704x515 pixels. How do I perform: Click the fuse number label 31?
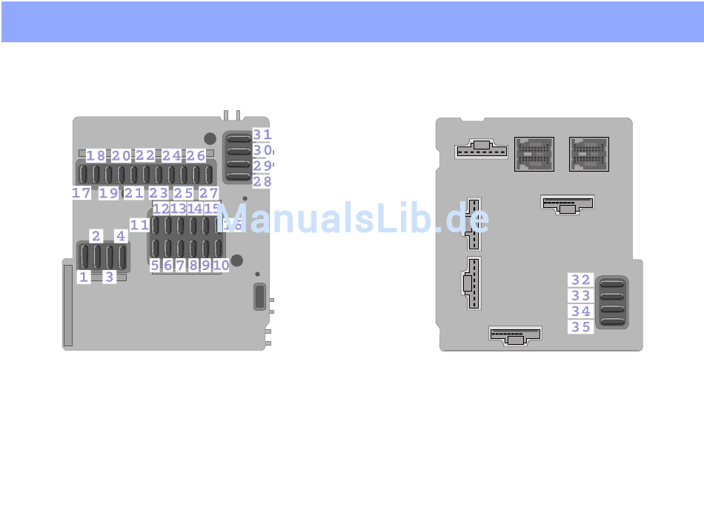pyautogui.click(x=262, y=135)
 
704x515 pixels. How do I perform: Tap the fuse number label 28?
pyautogui.click(x=262, y=181)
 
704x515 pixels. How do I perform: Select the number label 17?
pyautogui.click(x=82, y=193)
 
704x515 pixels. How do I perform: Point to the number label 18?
pyautogui.click(x=96, y=155)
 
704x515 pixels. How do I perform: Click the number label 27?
pyautogui.click(x=208, y=193)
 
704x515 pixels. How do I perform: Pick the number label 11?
pyautogui.click(x=139, y=224)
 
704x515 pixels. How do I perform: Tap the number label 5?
pyautogui.click(x=155, y=265)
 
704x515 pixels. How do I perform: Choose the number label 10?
pyautogui.click(x=220, y=265)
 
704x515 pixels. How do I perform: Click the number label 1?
pyautogui.click(x=84, y=277)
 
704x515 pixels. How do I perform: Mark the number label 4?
pyautogui.click(x=120, y=236)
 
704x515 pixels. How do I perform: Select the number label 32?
pyautogui.click(x=580, y=280)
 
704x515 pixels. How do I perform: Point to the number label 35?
pyautogui.click(x=580, y=326)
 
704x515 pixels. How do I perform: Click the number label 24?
pyautogui.click(x=171, y=155)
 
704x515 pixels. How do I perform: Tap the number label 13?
pyautogui.click(x=178, y=209)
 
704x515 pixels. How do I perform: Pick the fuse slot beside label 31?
pyautogui.click(x=239, y=138)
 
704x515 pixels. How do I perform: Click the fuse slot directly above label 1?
pyautogui.click(x=84, y=256)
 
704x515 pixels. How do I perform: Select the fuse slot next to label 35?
pyautogui.click(x=612, y=322)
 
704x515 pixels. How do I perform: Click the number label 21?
pyautogui.click(x=133, y=193)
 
